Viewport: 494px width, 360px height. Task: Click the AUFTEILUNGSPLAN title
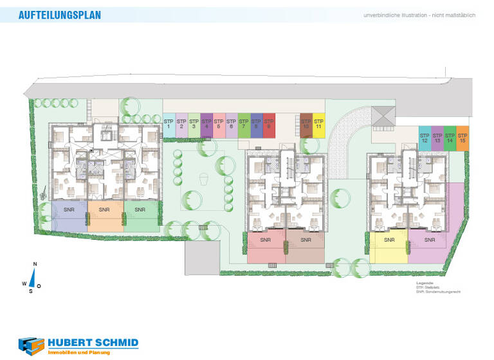[x=60, y=15]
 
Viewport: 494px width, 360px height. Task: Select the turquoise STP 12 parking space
[x=425, y=139]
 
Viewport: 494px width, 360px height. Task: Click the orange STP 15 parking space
[x=462, y=139]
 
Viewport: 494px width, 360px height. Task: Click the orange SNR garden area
[x=105, y=216]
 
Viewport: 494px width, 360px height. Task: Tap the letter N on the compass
[x=35, y=264]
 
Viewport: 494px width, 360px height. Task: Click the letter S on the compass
[x=30, y=291]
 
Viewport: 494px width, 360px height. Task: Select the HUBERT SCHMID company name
[x=93, y=343]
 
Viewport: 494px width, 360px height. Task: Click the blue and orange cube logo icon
[x=32, y=346]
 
